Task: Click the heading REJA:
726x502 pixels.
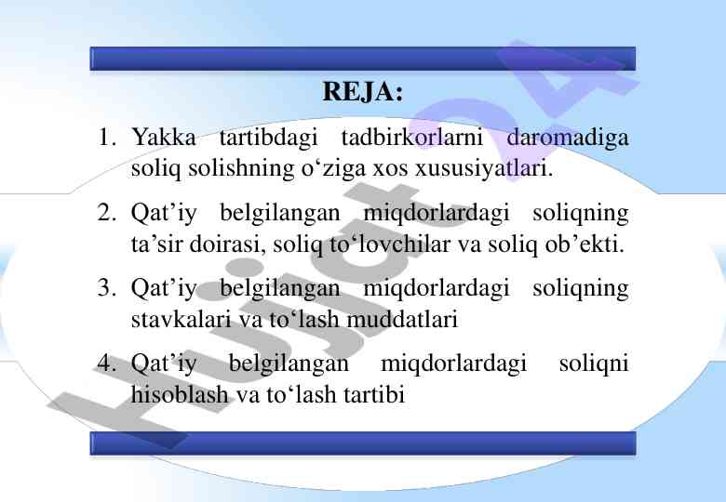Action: point(363,91)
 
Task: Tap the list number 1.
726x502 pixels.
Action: point(107,138)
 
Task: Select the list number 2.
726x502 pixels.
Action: point(106,213)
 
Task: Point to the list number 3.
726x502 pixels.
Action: point(106,287)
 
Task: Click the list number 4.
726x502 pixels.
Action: point(106,363)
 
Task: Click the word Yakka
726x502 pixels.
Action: point(164,138)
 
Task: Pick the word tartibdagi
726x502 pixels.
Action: point(269,139)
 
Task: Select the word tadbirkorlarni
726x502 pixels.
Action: point(412,138)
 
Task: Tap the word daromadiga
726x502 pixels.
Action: point(568,139)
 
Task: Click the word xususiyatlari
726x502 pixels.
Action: point(484,168)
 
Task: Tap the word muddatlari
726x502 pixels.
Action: point(402,319)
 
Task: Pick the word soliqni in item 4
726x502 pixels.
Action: point(594,363)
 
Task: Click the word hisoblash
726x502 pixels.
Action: point(181,394)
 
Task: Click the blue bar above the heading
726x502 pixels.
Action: point(363,59)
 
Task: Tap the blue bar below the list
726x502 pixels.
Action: point(363,443)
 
